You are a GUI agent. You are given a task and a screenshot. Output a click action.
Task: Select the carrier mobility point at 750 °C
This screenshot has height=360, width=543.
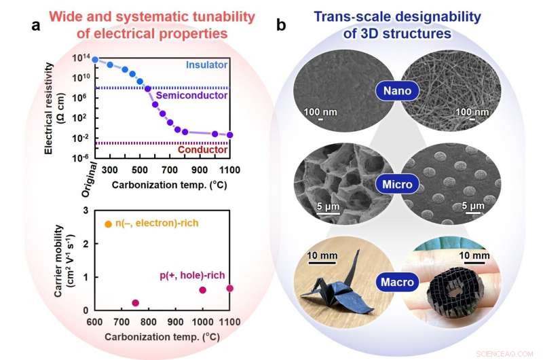click(x=135, y=303)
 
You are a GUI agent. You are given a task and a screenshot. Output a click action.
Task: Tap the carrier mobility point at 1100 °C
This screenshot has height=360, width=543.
click(x=229, y=288)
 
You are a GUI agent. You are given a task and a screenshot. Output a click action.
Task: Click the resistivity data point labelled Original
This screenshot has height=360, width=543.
click(x=95, y=60)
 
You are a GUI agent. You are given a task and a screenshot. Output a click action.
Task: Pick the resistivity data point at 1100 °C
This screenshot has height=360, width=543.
click(x=229, y=134)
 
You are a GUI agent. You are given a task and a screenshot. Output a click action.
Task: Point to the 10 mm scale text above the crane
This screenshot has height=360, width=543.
click(x=321, y=255)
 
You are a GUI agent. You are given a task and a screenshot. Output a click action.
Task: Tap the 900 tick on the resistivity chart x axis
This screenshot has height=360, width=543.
click(x=200, y=169)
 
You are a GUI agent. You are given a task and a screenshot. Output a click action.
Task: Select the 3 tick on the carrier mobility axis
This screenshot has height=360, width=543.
click(x=86, y=210)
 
